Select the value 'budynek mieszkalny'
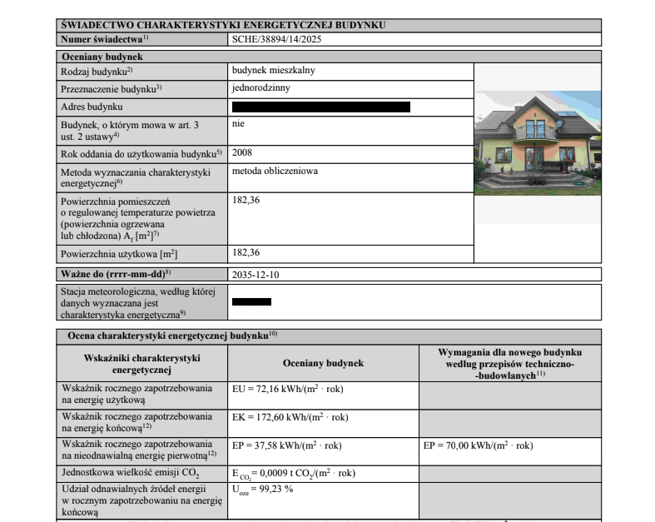coord(274,71)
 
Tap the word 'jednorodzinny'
coord(261,87)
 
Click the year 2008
coord(242,153)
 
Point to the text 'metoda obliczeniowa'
coord(275,172)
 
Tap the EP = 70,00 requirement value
coord(478,445)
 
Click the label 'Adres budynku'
coord(92,107)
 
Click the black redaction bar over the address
coord(321,107)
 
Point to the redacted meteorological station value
coord(252,302)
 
